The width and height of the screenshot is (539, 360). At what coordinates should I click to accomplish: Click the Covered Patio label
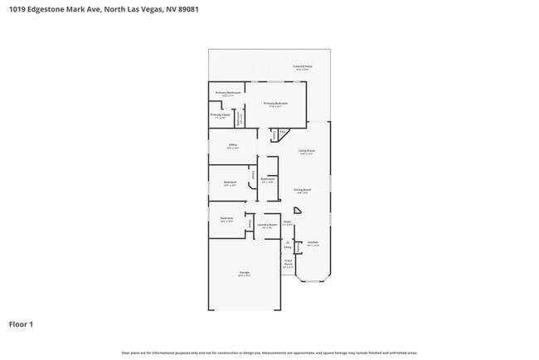pos(303,66)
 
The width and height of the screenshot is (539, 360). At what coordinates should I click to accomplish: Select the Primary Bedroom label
pos(276,104)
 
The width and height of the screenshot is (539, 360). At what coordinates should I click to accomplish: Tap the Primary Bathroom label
pos(228,93)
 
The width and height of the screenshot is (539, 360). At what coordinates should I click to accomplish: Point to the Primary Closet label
pos(219,115)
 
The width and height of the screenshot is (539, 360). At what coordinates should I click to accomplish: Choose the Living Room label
pos(307,151)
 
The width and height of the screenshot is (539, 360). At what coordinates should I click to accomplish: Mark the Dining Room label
pos(303,190)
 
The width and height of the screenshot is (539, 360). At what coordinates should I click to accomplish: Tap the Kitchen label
pos(313,244)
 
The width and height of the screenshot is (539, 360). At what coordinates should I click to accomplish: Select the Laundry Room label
pos(266,225)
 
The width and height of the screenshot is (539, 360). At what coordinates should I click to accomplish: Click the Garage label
pos(245,273)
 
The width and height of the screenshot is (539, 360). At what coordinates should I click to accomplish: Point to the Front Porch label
pos(288,264)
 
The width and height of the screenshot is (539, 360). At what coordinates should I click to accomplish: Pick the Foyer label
pos(287,222)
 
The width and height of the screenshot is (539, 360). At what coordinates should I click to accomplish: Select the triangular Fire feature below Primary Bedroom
pos(282,132)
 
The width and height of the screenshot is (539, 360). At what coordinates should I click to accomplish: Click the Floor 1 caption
pos(21,324)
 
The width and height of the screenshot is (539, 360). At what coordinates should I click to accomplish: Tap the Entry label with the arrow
pos(288,246)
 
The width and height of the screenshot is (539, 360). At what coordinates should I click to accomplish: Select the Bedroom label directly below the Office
pos(230,183)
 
